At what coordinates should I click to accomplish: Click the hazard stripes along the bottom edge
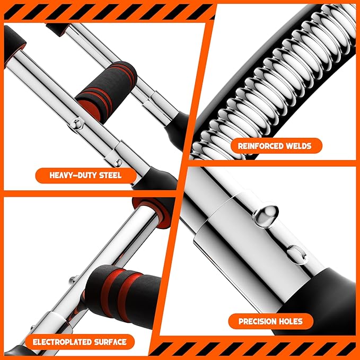[x=254, y=350]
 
